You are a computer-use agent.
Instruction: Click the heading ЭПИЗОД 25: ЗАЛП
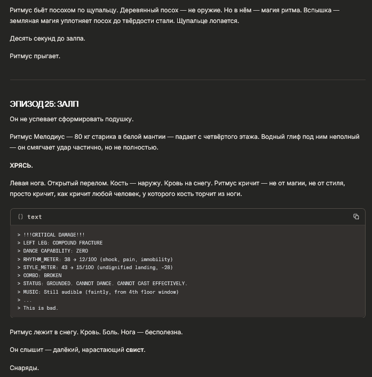click(x=44, y=103)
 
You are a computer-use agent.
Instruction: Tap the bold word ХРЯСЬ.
click(x=21, y=166)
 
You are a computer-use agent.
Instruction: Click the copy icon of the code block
click(x=356, y=216)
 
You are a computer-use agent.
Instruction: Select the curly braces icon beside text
click(x=20, y=217)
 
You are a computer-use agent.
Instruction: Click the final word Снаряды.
click(x=25, y=367)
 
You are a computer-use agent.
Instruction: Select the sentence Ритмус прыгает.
click(x=35, y=56)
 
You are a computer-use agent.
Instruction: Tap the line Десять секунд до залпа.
click(x=48, y=38)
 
